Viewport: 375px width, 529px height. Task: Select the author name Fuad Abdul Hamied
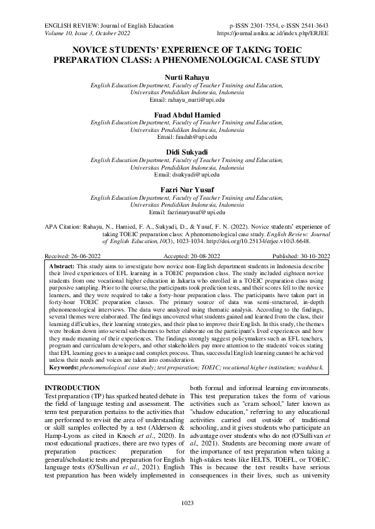[x=187, y=114]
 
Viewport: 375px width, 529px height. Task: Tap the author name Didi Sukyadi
[x=187, y=153]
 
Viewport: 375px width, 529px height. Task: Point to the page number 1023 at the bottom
[x=187, y=503]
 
